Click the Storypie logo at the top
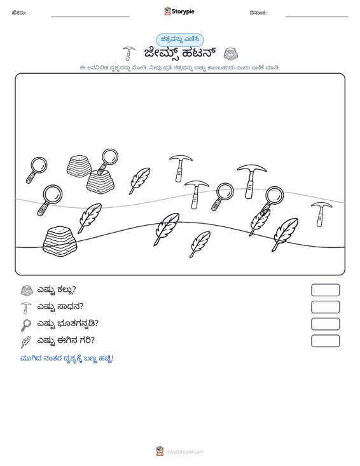(179, 11)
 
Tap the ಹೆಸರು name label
(19, 13)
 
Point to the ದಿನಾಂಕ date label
(258, 13)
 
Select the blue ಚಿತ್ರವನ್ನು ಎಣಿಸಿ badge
(180, 39)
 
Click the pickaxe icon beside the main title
(128, 53)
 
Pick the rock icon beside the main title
(230, 53)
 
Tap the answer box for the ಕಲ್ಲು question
(325, 290)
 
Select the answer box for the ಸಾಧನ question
(325, 307)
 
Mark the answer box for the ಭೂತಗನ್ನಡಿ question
(325, 324)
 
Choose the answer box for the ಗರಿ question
(325, 341)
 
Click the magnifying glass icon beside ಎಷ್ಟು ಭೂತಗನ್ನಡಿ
(26, 325)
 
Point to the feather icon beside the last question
(26, 342)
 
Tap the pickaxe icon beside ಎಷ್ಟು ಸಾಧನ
(26, 308)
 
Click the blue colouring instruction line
(67, 359)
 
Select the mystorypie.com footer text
(185, 452)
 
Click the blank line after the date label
(317, 17)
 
